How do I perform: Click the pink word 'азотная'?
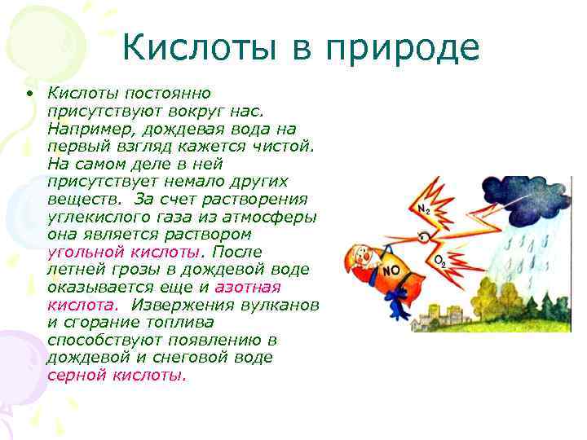(x=247, y=288)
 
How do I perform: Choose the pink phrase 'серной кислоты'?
(x=117, y=376)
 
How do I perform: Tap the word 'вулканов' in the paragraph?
(x=285, y=305)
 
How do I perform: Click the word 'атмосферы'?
(x=276, y=218)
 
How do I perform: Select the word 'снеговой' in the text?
(x=236, y=359)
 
